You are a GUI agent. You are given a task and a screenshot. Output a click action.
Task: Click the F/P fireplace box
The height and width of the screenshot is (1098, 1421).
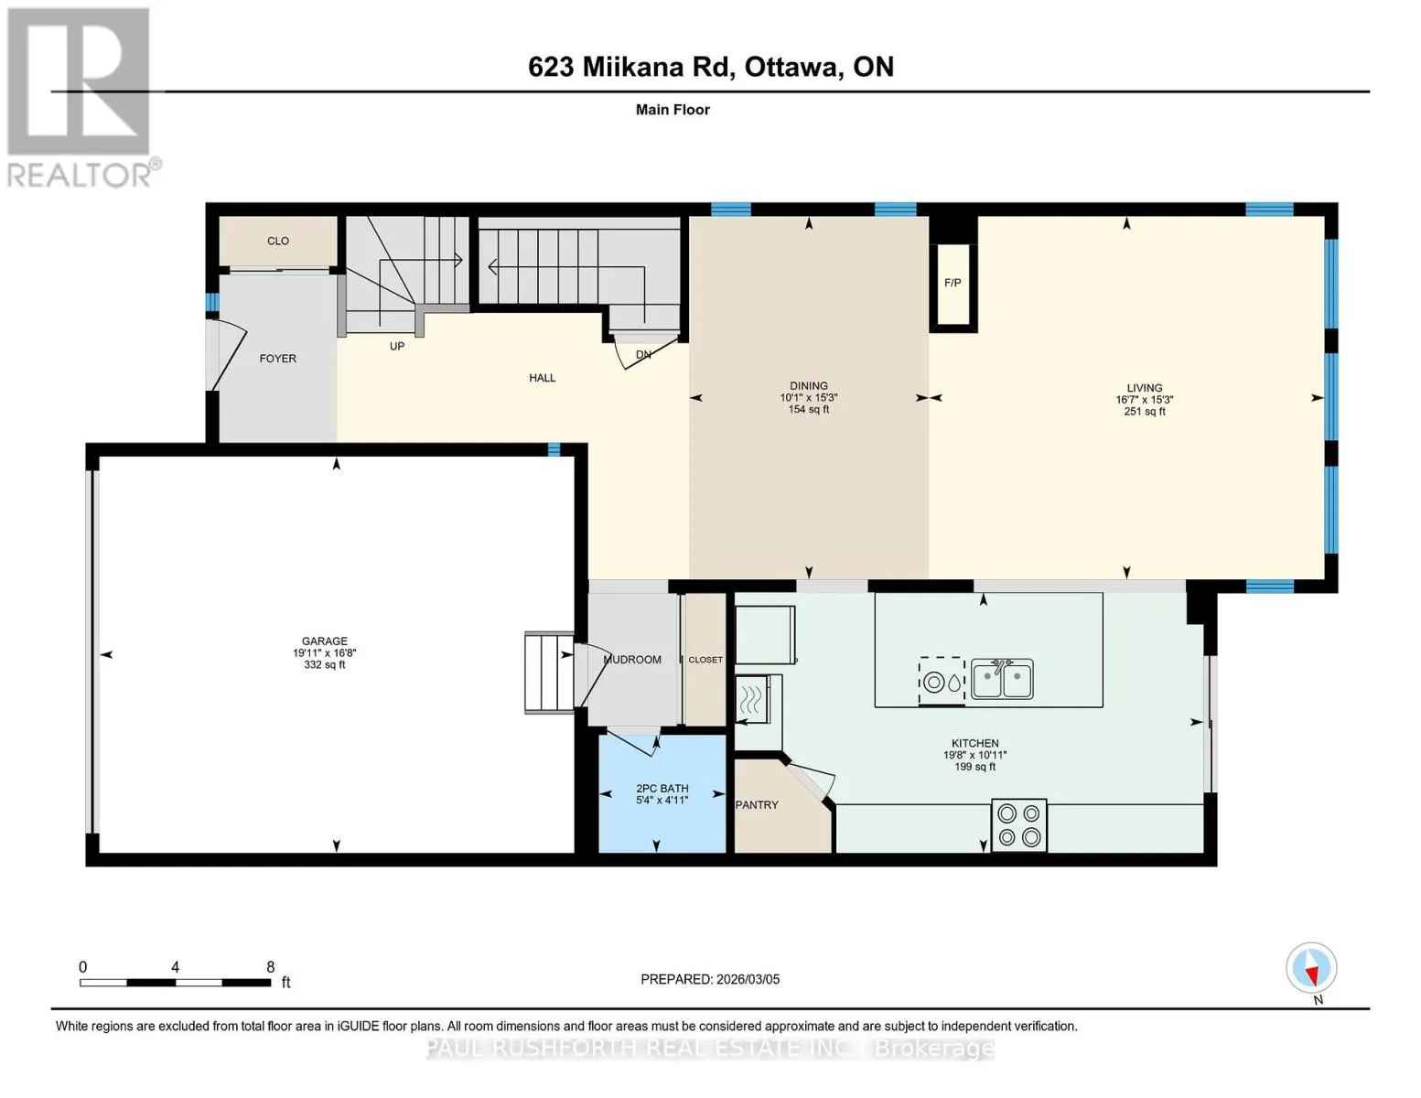tap(953, 285)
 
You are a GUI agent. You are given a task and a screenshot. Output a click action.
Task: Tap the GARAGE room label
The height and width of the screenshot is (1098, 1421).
tap(324, 640)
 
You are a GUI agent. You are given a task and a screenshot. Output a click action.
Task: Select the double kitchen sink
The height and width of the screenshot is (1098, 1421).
tap(1002, 679)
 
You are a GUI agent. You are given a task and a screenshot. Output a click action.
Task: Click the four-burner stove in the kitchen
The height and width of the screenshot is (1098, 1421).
tap(1018, 825)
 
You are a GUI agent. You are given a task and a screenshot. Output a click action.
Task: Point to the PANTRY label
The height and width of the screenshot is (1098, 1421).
tap(757, 805)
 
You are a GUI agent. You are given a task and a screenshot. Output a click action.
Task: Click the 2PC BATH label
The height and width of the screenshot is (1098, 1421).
tap(662, 789)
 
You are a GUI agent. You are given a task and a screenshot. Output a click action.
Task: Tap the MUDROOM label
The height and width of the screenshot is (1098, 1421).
tap(632, 660)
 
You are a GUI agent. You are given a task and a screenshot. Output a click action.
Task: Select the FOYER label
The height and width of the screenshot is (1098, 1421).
tap(278, 359)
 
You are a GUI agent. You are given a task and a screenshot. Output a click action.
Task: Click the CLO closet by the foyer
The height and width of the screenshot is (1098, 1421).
tap(278, 242)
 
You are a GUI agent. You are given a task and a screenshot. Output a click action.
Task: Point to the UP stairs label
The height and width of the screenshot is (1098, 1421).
tap(397, 346)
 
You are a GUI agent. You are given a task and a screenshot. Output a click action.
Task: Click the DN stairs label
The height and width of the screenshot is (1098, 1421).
tap(643, 354)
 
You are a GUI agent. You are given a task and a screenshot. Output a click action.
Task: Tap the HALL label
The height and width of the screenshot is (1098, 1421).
tap(542, 377)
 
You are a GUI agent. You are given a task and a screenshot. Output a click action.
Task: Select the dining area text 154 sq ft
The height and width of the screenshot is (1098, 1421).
tap(809, 409)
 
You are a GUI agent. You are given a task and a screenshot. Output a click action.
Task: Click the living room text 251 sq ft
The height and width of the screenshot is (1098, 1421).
tap(1145, 412)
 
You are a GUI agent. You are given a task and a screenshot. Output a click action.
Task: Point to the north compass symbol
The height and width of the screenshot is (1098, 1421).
tap(1311, 968)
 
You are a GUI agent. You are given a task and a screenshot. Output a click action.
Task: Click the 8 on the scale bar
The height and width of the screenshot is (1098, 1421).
tap(270, 966)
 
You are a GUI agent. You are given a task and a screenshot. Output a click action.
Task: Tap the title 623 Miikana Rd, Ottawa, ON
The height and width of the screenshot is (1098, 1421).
tap(711, 67)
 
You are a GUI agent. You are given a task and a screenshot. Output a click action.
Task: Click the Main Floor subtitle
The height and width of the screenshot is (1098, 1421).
tap(673, 110)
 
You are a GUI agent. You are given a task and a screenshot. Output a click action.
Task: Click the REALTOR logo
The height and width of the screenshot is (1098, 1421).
tap(81, 98)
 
